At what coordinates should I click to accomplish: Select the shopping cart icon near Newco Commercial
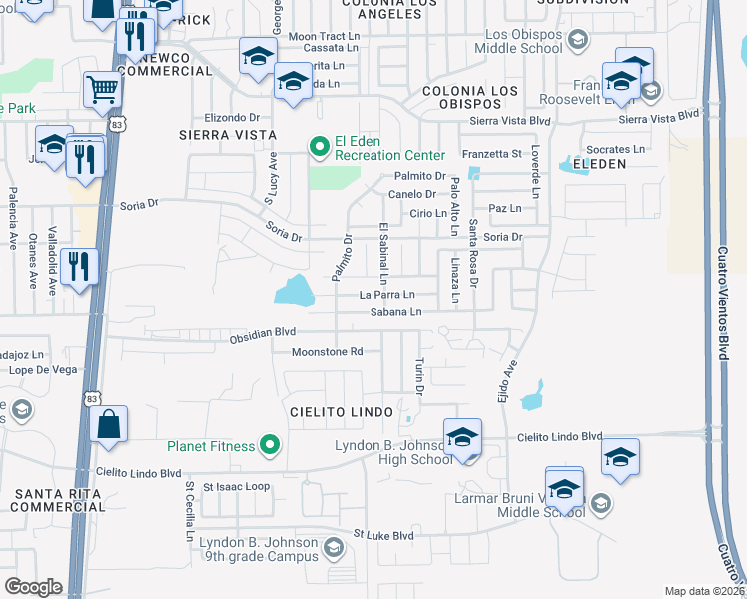tap(101, 91)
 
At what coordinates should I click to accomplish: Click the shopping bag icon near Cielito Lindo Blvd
tap(108, 424)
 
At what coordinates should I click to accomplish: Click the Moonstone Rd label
tap(327, 351)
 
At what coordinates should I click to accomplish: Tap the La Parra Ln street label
tap(386, 295)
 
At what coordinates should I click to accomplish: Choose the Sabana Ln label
tap(396, 312)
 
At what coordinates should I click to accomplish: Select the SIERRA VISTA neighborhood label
tap(218, 133)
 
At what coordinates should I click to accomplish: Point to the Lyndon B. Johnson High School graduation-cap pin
tap(462, 438)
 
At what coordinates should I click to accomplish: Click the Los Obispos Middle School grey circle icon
tap(577, 40)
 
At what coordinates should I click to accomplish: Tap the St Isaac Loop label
tap(237, 487)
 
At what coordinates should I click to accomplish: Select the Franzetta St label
tap(492, 154)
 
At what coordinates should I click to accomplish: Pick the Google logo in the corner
tap(33, 587)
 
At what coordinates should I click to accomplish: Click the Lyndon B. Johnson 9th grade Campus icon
tap(334, 547)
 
